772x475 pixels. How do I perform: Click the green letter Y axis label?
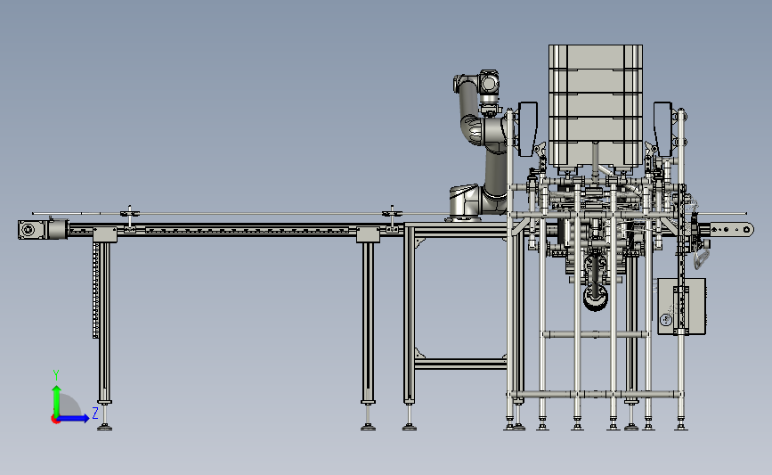55,375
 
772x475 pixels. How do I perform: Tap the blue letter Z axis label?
95,413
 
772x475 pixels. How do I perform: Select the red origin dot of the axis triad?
55,420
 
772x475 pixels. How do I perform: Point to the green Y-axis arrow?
57,401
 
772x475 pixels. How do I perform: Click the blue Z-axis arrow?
74,418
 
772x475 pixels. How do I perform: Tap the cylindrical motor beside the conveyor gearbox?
58,229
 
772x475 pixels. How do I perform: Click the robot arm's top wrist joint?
488,82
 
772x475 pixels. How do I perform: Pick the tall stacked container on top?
595,105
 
